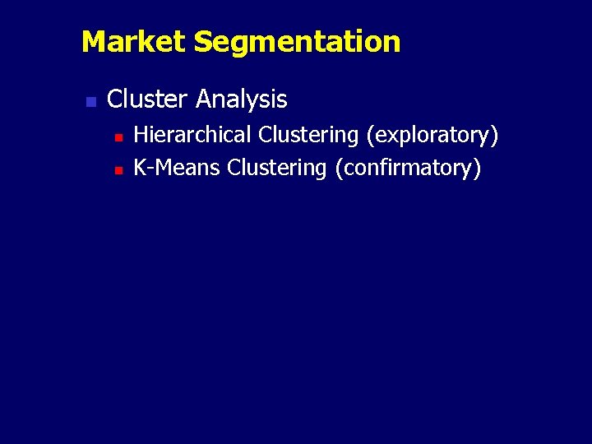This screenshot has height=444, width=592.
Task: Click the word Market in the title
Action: [x=134, y=41]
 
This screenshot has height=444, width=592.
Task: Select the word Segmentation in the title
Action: [x=297, y=41]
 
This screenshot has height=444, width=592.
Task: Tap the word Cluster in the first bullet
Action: [x=148, y=99]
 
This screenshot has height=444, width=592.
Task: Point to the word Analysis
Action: [x=242, y=99]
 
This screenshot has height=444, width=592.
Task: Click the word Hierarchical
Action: [x=192, y=134]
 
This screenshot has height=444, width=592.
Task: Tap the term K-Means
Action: [x=177, y=168]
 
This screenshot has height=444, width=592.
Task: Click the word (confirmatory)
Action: [x=408, y=168]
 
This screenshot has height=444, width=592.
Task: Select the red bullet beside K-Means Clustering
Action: [x=118, y=170]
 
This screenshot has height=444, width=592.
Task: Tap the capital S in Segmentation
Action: [x=202, y=41]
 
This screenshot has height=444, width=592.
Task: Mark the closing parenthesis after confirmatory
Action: [x=477, y=168]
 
